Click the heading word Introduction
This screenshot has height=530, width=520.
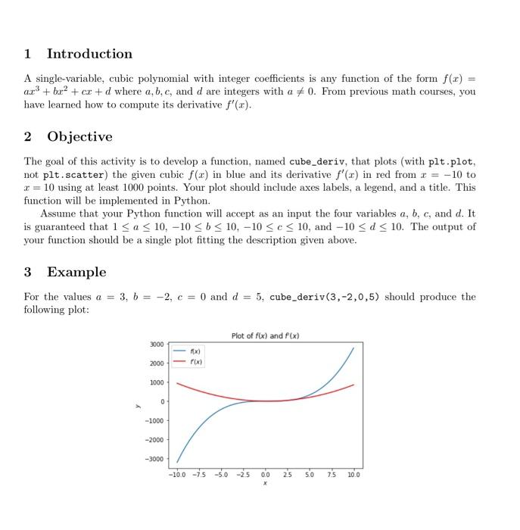[x=89, y=54]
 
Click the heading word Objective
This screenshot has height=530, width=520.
[x=79, y=136]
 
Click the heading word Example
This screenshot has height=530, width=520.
[x=76, y=272]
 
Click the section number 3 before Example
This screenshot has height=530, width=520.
[x=28, y=272]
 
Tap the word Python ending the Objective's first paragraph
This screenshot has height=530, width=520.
[x=193, y=201]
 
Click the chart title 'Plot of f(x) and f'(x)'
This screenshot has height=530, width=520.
[x=265, y=335]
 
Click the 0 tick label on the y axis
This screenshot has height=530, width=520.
[x=163, y=402]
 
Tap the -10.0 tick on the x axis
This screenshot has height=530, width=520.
[x=177, y=475]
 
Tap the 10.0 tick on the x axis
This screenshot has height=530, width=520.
[x=353, y=475]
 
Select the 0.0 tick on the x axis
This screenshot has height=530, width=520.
[x=265, y=475]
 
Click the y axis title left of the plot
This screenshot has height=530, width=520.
[x=137, y=404]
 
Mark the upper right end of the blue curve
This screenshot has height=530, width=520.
[x=353, y=348]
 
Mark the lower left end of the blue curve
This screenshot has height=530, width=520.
[x=178, y=461]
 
